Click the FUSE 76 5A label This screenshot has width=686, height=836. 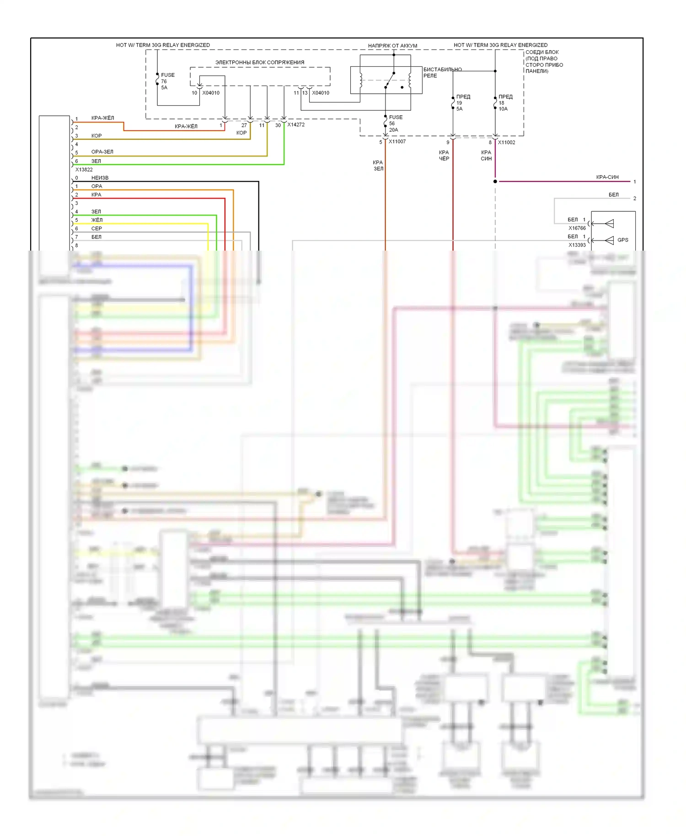[x=167, y=81]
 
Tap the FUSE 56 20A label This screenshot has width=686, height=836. [x=395, y=123]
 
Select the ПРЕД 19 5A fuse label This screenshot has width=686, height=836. [x=462, y=103]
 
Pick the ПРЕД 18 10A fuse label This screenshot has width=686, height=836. [x=505, y=103]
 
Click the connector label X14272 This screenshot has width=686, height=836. [x=296, y=124]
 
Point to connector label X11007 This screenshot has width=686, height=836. [x=397, y=142]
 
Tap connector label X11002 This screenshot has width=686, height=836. [x=506, y=142]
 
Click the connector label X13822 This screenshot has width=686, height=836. [x=84, y=169]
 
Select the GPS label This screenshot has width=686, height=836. [x=622, y=240]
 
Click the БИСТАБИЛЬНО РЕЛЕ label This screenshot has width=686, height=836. [x=442, y=73]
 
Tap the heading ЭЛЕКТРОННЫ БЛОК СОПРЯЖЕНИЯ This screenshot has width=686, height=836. [x=259, y=62]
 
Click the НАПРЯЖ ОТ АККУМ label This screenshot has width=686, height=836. [x=392, y=46]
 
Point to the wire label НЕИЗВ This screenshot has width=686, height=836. [x=100, y=178]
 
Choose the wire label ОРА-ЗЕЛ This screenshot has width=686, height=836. [x=102, y=152]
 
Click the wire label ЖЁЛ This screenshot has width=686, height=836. [x=96, y=220]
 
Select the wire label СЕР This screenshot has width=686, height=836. [x=96, y=229]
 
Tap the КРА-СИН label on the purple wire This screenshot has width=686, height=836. [x=607, y=177]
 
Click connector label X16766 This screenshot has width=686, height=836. [x=577, y=228]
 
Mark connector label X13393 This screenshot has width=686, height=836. [x=577, y=245]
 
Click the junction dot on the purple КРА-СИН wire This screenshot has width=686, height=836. [x=495, y=182]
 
